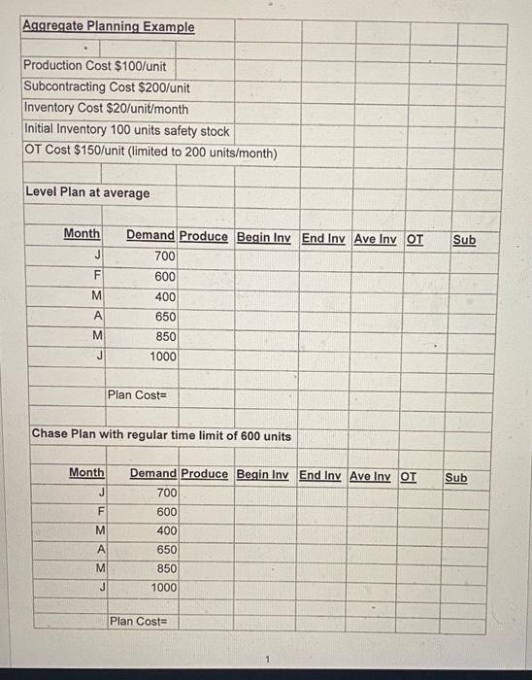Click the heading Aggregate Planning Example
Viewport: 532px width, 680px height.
(108, 26)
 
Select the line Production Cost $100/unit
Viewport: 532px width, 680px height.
(94, 65)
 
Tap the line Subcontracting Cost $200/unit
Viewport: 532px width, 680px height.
(106, 86)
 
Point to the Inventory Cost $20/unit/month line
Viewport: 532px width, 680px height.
(106, 108)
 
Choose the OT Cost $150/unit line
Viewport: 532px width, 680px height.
(150, 153)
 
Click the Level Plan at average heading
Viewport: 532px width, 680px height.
(87, 192)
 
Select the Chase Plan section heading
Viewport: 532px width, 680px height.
(161, 435)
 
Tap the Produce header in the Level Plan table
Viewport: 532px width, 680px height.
(204, 236)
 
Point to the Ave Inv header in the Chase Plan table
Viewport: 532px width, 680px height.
(372, 476)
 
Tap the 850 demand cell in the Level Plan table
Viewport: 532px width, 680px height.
(165, 336)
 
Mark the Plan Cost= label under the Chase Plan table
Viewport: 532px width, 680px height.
(140, 621)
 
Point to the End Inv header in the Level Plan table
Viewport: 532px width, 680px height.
(323, 237)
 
